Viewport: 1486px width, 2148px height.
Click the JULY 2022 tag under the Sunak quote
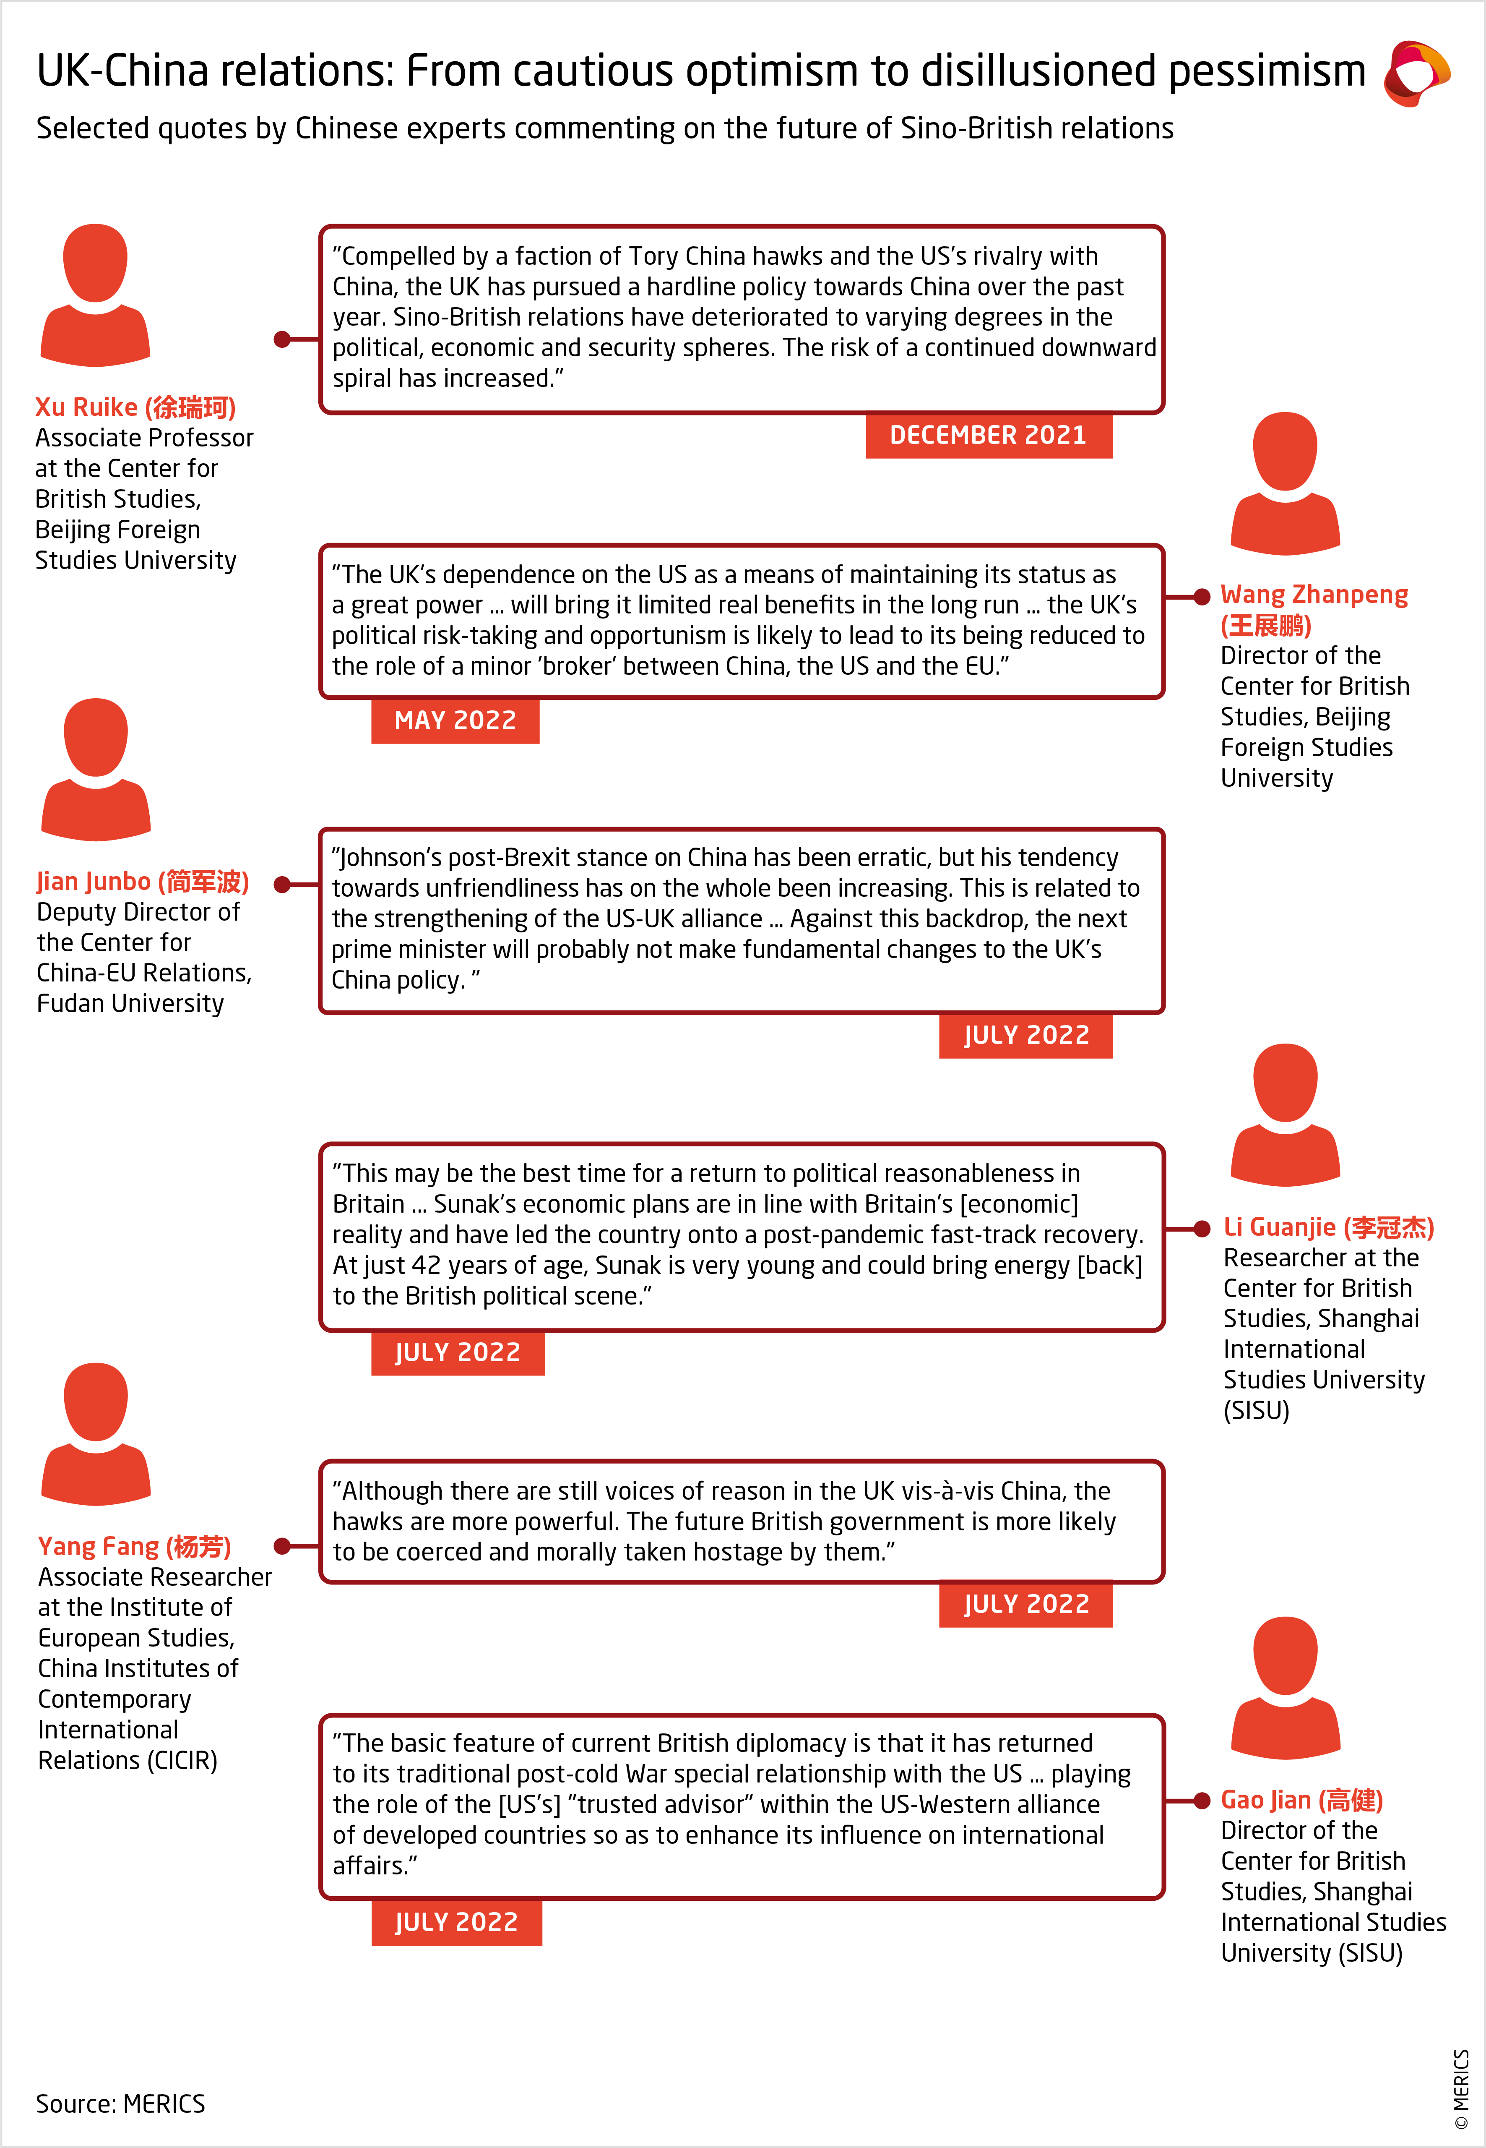457,1352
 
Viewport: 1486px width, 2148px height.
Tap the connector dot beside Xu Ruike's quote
282,339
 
